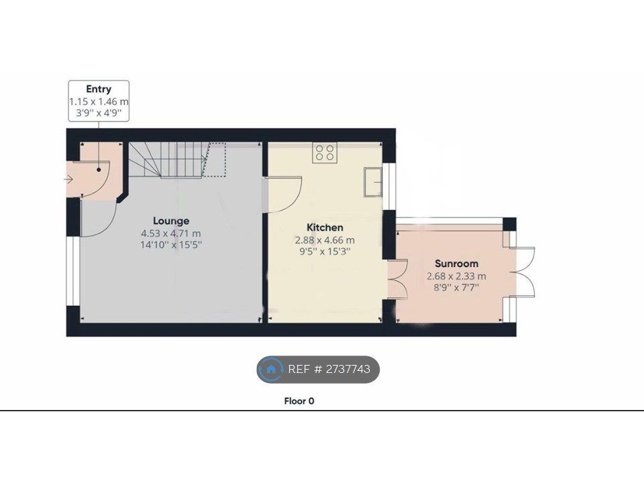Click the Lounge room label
[171, 221]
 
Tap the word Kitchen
[325, 227]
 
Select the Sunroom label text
[456, 264]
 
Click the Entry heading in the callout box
[99, 89]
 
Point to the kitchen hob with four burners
[325, 152]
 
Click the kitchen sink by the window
[373, 182]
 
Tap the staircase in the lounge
[177, 160]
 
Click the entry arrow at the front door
[68, 179]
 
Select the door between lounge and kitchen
[283, 195]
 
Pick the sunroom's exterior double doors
[522, 272]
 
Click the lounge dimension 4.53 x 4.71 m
[171, 233]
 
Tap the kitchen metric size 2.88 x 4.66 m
[325, 240]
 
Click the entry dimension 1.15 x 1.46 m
[99, 101]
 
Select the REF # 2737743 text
[329, 369]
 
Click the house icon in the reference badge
[270, 369]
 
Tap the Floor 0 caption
[299, 401]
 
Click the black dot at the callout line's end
[99, 170]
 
